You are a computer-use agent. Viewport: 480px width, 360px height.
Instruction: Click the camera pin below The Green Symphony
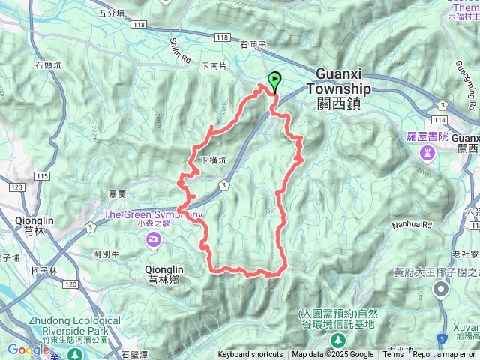click(154, 239)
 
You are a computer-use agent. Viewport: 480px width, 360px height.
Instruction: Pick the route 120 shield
click(70, 285)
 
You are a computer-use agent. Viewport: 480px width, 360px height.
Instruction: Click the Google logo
click(28, 349)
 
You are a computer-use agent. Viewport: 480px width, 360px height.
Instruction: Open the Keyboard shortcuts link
click(250, 355)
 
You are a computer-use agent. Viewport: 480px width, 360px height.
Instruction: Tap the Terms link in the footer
click(393, 355)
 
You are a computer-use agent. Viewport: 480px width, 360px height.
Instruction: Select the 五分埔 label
click(112, 13)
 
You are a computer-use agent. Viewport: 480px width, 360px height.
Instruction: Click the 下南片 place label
click(214, 66)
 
